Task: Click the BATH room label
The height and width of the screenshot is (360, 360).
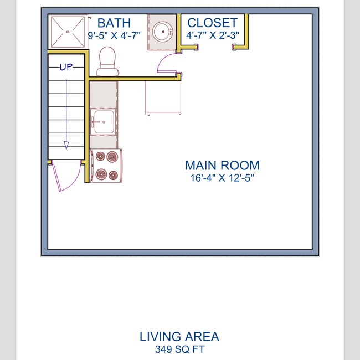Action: coord(114,23)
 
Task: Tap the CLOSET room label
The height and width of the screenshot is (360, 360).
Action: coord(212,23)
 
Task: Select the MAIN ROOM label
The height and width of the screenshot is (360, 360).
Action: coord(222,165)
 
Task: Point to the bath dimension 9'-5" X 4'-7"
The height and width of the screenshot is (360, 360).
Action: coord(114,35)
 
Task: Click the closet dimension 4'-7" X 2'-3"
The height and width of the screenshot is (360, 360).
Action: coord(213,35)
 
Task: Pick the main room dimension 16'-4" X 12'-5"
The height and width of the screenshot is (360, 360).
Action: coord(222,178)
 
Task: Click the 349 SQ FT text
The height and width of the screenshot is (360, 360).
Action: coord(179,349)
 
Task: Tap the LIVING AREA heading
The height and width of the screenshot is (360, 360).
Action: coord(179,337)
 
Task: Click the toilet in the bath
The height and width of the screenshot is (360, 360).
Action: coord(107,61)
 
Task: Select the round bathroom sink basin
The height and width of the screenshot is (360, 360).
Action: coord(163,32)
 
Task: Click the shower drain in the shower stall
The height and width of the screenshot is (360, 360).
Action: coord(68,32)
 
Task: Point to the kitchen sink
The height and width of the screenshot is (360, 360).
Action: coord(102,121)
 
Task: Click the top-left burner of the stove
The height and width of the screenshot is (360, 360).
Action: coord(100,156)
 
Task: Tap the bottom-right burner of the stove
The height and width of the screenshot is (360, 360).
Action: coord(113,176)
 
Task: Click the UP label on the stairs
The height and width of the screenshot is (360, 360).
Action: coord(66,67)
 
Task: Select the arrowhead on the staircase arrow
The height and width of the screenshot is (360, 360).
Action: coord(66,145)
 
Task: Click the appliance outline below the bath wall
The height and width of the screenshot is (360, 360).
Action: coord(163,97)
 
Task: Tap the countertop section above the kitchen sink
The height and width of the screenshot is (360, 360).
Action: coord(104,95)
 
